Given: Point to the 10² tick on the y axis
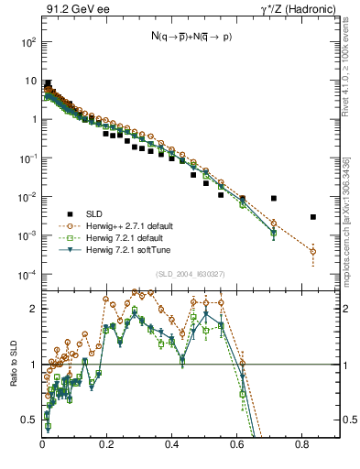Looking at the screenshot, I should click(28, 43).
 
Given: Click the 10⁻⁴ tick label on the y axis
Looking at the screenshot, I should click(27, 275).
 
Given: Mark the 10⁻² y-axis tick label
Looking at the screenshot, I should click(27, 198).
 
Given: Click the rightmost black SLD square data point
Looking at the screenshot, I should click(313, 217).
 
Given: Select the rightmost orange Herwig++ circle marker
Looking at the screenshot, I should click(313, 251).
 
